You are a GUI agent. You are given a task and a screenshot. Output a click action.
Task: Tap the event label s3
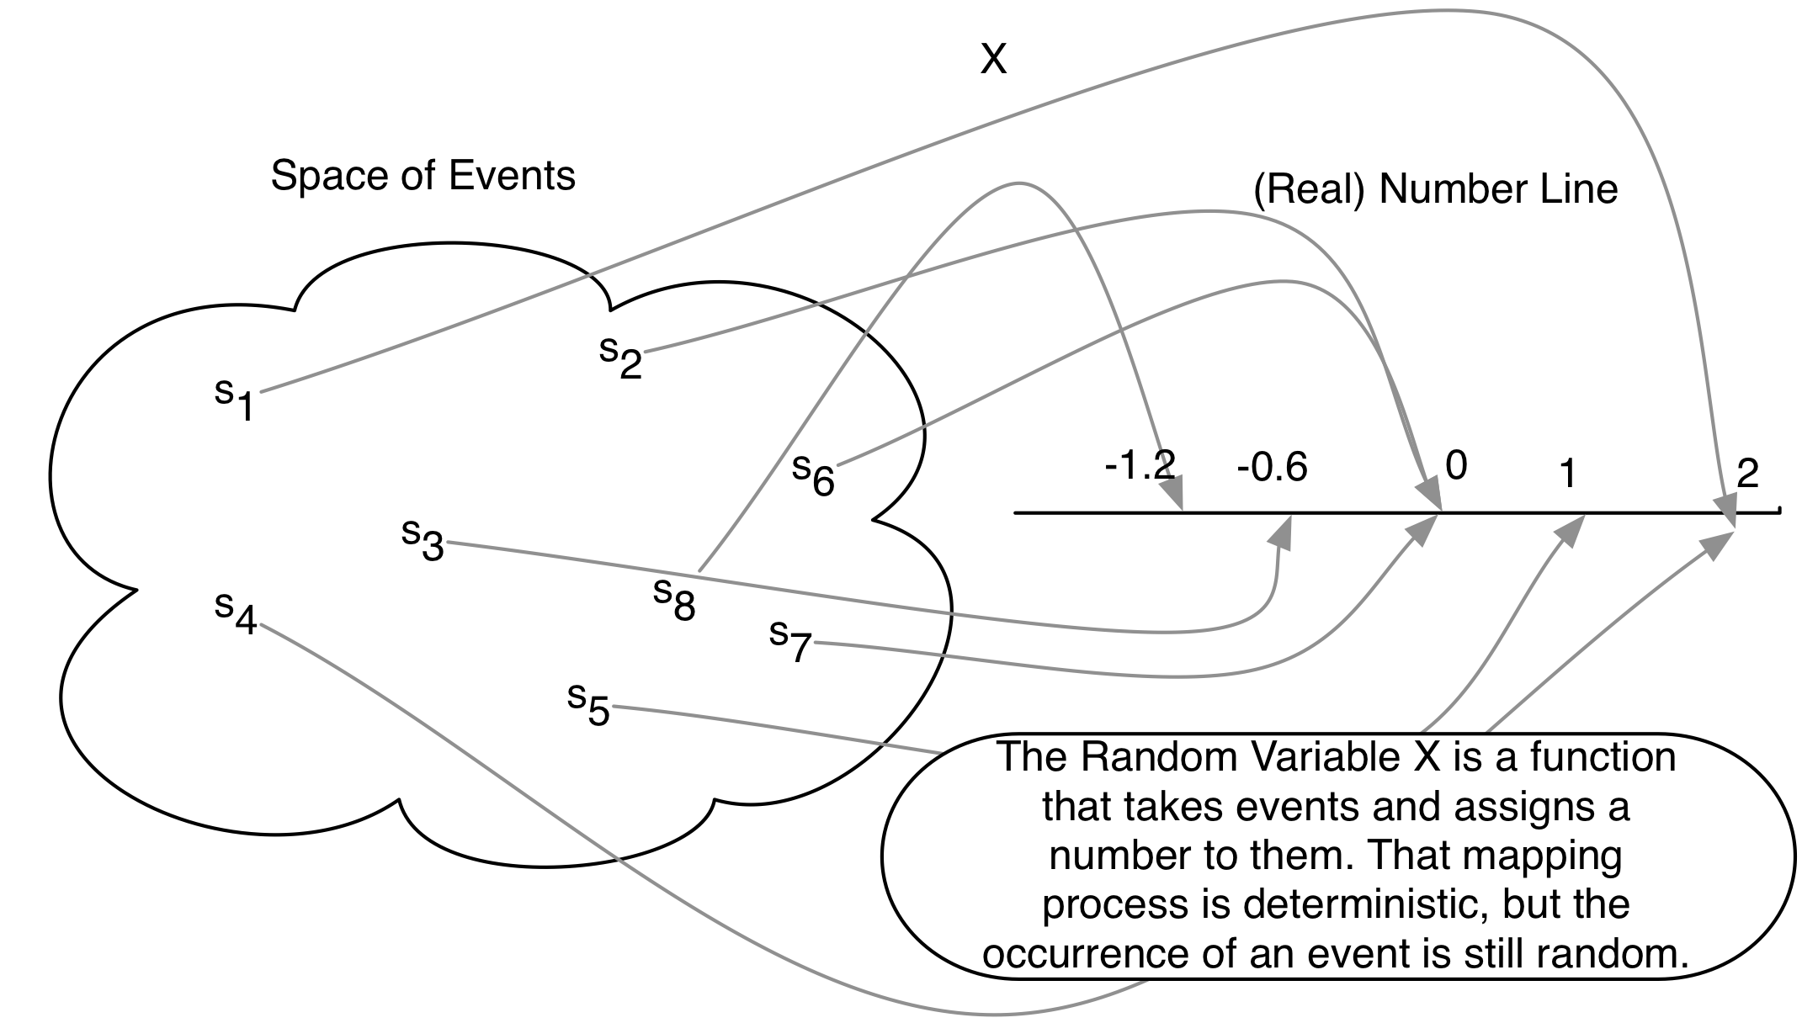(423, 540)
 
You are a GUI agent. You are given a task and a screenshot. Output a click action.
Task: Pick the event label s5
(588, 705)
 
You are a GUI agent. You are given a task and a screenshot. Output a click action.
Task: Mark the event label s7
(790, 641)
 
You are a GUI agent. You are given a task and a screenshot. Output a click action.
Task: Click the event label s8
(675, 599)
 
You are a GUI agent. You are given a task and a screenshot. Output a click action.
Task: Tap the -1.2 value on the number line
(1140, 465)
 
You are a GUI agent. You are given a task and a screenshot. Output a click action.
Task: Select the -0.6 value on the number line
(1272, 469)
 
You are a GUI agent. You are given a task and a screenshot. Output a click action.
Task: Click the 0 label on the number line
(1456, 465)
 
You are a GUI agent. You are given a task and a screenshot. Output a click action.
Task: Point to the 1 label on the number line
(1566, 476)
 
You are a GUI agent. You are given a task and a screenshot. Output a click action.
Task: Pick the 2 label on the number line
(1747, 474)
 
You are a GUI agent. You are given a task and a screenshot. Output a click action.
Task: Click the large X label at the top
(993, 60)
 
